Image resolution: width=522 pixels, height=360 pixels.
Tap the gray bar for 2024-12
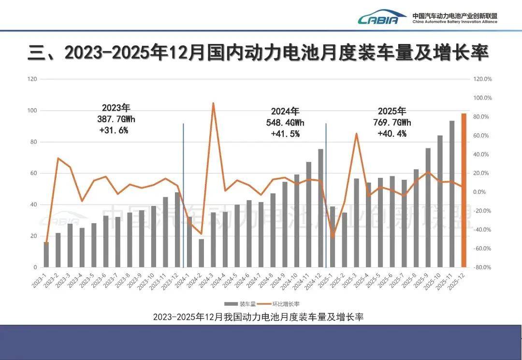click(x=320, y=208)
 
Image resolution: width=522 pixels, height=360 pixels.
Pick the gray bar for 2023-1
click(x=46, y=255)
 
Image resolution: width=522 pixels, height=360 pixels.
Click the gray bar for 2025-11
click(x=452, y=194)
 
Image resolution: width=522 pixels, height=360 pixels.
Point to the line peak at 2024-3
click(x=213, y=103)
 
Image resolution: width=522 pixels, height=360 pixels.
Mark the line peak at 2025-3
click(x=356, y=133)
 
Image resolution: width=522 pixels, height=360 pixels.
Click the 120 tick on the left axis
click(x=32, y=79)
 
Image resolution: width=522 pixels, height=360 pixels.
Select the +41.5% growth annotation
click(x=285, y=134)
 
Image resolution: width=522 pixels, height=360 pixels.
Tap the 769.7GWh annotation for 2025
click(x=392, y=122)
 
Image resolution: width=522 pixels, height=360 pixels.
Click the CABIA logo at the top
click(x=378, y=18)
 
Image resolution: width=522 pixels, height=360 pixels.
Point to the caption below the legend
click(x=258, y=317)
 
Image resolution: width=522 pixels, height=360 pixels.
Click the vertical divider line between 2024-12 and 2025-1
click(x=326, y=193)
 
